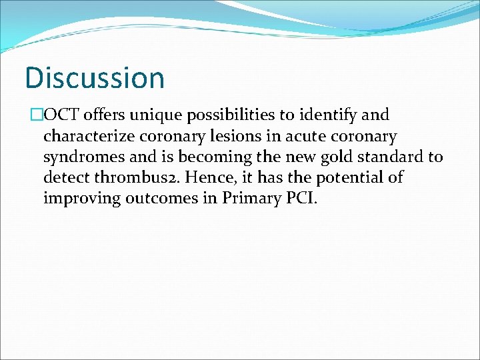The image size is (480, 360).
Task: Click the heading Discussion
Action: tap(94, 77)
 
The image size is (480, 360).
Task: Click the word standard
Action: tap(386, 158)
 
